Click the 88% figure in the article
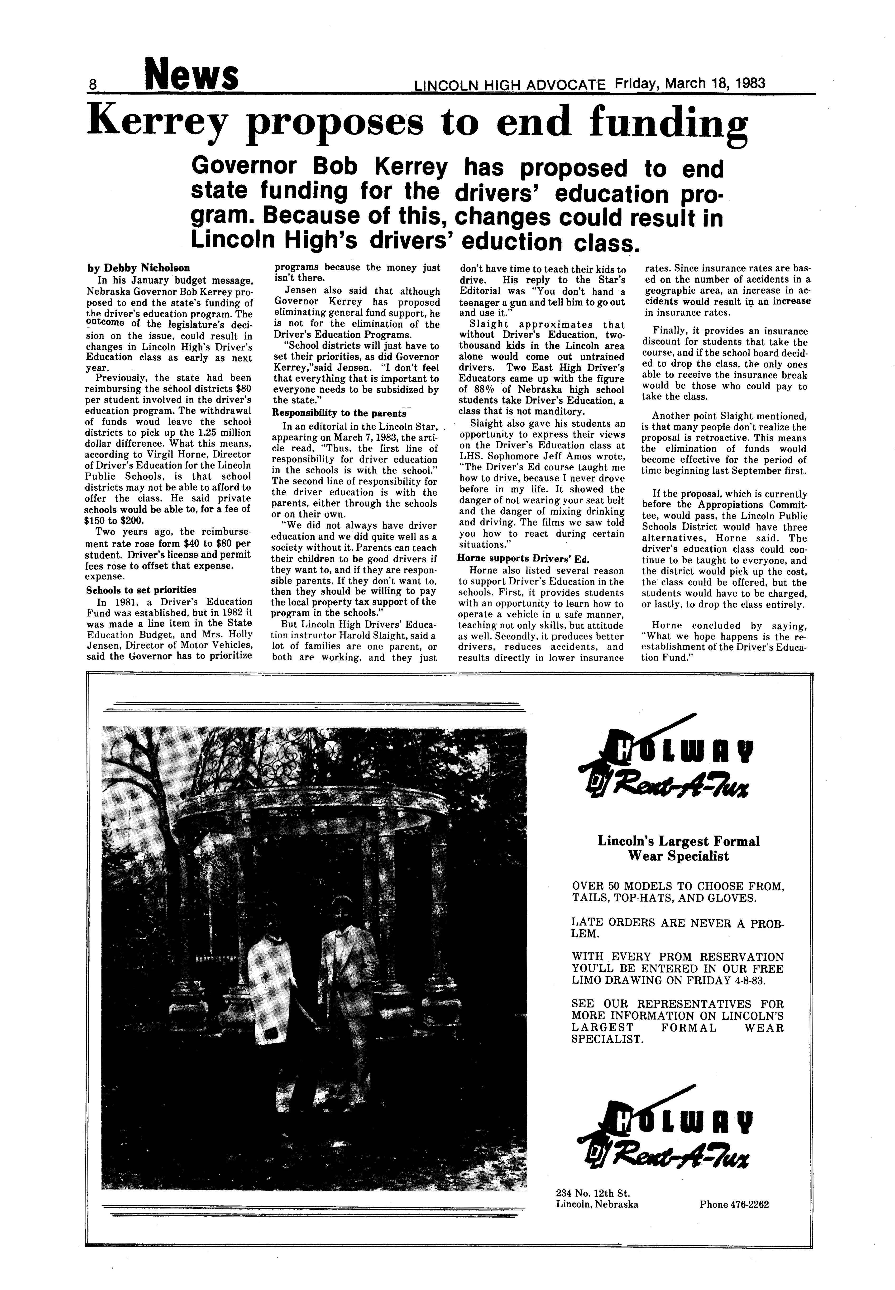[x=477, y=390]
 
